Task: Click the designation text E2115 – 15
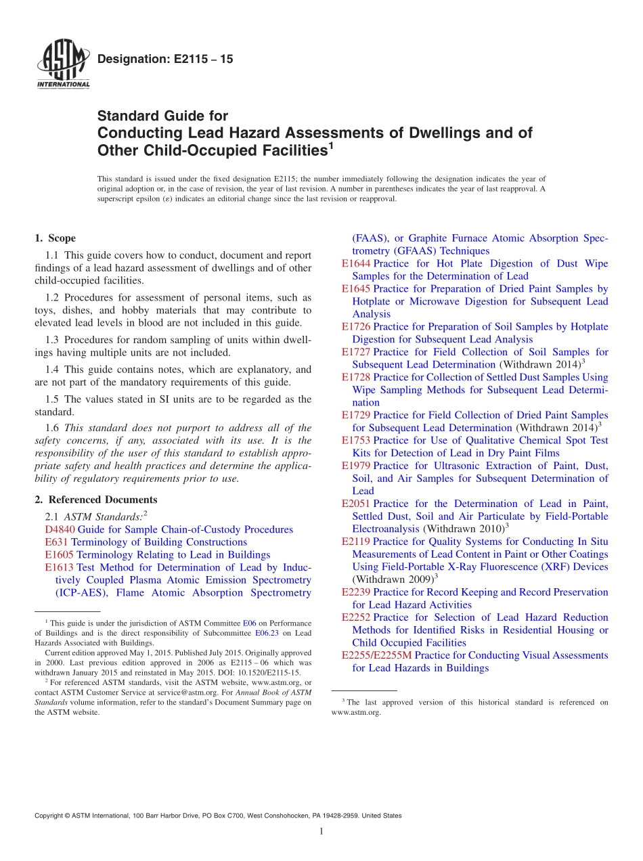click(165, 60)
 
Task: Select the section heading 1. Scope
click(55, 238)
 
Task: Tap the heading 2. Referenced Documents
click(95, 500)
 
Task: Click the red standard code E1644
click(356, 263)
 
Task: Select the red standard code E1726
click(356, 327)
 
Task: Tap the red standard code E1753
click(356, 441)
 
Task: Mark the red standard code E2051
click(356, 504)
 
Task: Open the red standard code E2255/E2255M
click(376, 655)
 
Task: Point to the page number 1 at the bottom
click(321, 831)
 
